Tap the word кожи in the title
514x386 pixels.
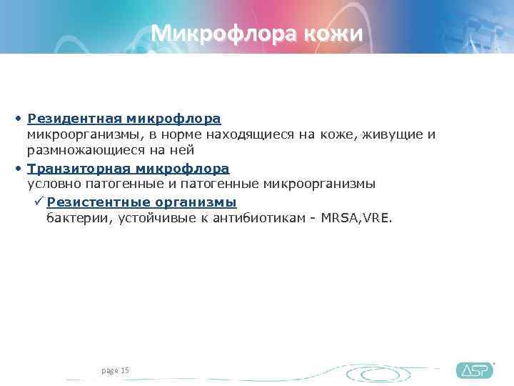coord(334,34)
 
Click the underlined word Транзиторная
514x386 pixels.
coord(79,169)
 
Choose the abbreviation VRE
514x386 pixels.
coord(376,218)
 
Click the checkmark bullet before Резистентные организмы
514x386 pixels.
coord(39,202)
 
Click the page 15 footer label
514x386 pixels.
coord(115,370)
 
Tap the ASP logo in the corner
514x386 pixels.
coord(474,370)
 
